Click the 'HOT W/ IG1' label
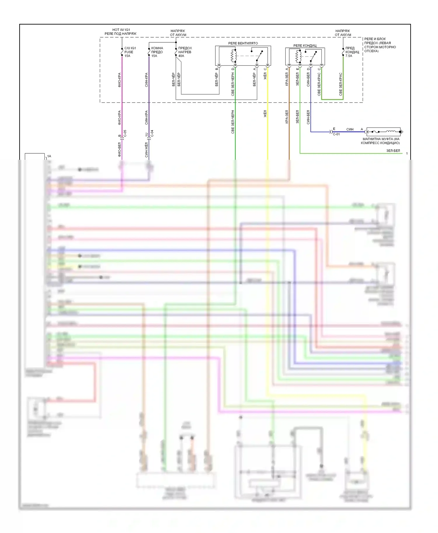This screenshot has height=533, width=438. [121, 30]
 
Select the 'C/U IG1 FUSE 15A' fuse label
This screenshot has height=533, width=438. [130, 52]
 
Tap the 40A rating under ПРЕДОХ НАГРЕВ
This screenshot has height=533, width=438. [181, 56]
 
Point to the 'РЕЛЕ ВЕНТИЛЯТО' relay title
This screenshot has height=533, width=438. [243, 43]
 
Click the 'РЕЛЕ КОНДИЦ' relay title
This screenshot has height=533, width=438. [305, 45]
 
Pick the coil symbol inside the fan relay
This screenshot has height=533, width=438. [234, 56]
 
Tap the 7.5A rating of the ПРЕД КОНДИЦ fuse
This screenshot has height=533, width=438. [349, 56]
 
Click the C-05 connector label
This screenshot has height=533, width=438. [125, 133]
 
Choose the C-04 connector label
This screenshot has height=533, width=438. [152, 133]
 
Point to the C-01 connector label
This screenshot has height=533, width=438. [336, 134]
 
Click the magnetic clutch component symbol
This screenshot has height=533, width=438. [383, 132]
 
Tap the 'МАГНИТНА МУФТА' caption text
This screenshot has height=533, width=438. [380, 141]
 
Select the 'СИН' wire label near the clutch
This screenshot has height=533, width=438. [350, 129]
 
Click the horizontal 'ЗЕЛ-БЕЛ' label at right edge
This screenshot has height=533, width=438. [393, 151]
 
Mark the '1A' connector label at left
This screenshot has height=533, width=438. [49, 156]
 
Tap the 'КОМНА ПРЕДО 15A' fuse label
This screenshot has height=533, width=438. [157, 52]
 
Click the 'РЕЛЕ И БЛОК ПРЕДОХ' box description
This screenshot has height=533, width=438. [380, 45]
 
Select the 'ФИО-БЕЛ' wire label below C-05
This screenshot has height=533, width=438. [119, 150]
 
